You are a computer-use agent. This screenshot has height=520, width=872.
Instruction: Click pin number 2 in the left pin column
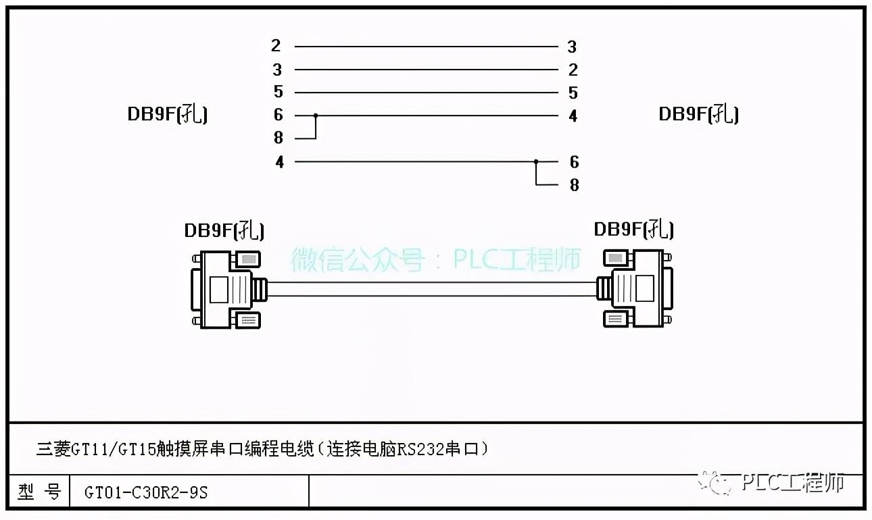click(x=276, y=46)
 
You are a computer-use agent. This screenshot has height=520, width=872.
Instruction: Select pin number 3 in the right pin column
click(x=572, y=47)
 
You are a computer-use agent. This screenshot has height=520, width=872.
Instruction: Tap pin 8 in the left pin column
click(x=278, y=138)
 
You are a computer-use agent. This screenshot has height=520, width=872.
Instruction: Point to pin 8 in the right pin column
click(x=574, y=185)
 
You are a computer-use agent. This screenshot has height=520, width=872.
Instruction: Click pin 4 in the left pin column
click(x=279, y=162)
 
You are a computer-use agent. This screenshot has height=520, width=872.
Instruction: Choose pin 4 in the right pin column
click(x=573, y=116)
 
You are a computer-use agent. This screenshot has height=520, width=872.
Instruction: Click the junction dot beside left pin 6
click(x=316, y=115)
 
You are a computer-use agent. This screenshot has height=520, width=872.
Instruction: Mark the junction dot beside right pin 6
click(x=536, y=162)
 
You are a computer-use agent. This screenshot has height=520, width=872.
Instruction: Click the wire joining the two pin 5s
click(x=426, y=93)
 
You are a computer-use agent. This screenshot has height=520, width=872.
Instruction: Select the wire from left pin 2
click(x=426, y=47)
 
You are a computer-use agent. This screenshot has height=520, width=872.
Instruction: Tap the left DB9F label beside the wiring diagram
click(x=168, y=114)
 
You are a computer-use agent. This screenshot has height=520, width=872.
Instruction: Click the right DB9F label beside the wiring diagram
click(x=698, y=114)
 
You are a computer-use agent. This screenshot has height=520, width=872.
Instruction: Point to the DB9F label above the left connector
click(x=224, y=230)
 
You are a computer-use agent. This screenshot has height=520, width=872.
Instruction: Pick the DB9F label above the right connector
click(x=633, y=229)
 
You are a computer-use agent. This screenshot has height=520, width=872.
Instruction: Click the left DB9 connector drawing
click(x=227, y=289)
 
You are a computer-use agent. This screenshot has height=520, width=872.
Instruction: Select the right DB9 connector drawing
click(x=635, y=288)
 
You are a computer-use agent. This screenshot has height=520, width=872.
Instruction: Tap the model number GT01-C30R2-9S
click(x=146, y=493)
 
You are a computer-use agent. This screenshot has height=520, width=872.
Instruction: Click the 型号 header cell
click(x=39, y=492)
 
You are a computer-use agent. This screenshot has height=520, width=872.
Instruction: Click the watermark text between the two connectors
click(x=436, y=259)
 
